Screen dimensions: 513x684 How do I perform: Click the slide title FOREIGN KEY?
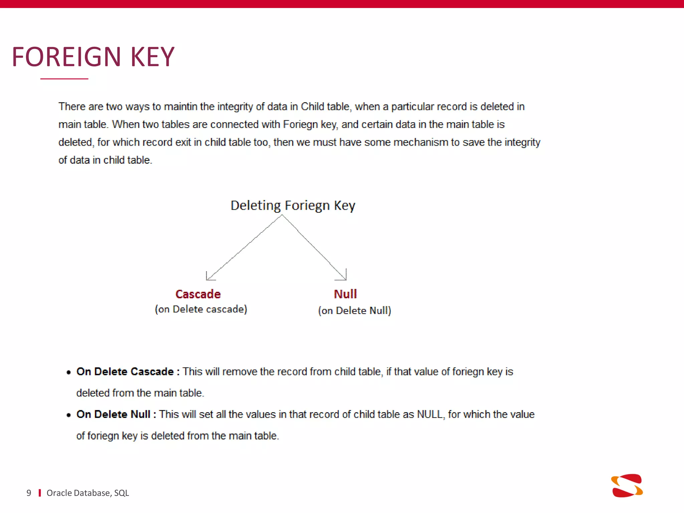pyautogui.click(x=93, y=57)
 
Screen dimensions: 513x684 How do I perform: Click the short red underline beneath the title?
pyautogui.click(x=64, y=79)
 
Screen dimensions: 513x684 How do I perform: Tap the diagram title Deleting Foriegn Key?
pyautogui.click(x=293, y=205)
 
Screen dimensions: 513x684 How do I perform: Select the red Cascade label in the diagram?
pyautogui.click(x=198, y=294)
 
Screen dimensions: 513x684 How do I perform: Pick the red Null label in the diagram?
pyautogui.click(x=345, y=294)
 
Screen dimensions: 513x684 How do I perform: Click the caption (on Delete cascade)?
pyautogui.click(x=201, y=309)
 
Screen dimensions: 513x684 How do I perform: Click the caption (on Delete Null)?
pyautogui.click(x=355, y=311)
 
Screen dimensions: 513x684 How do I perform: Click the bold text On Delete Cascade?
pyautogui.click(x=125, y=372)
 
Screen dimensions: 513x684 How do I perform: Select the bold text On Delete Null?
pyautogui.click(x=113, y=414)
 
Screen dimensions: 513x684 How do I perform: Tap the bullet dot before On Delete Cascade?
pyautogui.click(x=68, y=372)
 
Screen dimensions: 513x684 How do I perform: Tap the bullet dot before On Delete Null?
pyautogui.click(x=68, y=415)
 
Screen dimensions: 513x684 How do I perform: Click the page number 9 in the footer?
pyautogui.click(x=29, y=493)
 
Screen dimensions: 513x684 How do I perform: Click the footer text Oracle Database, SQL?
pyautogui.click(x=88, y=493)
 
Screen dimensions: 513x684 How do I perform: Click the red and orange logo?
pyautogui.click(x=627, y=486)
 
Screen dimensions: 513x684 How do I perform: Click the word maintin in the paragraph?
pyautogui.click(x=181, y=107)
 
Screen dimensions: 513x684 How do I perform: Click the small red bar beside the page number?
pyautogui.click(x=40, y=493)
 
